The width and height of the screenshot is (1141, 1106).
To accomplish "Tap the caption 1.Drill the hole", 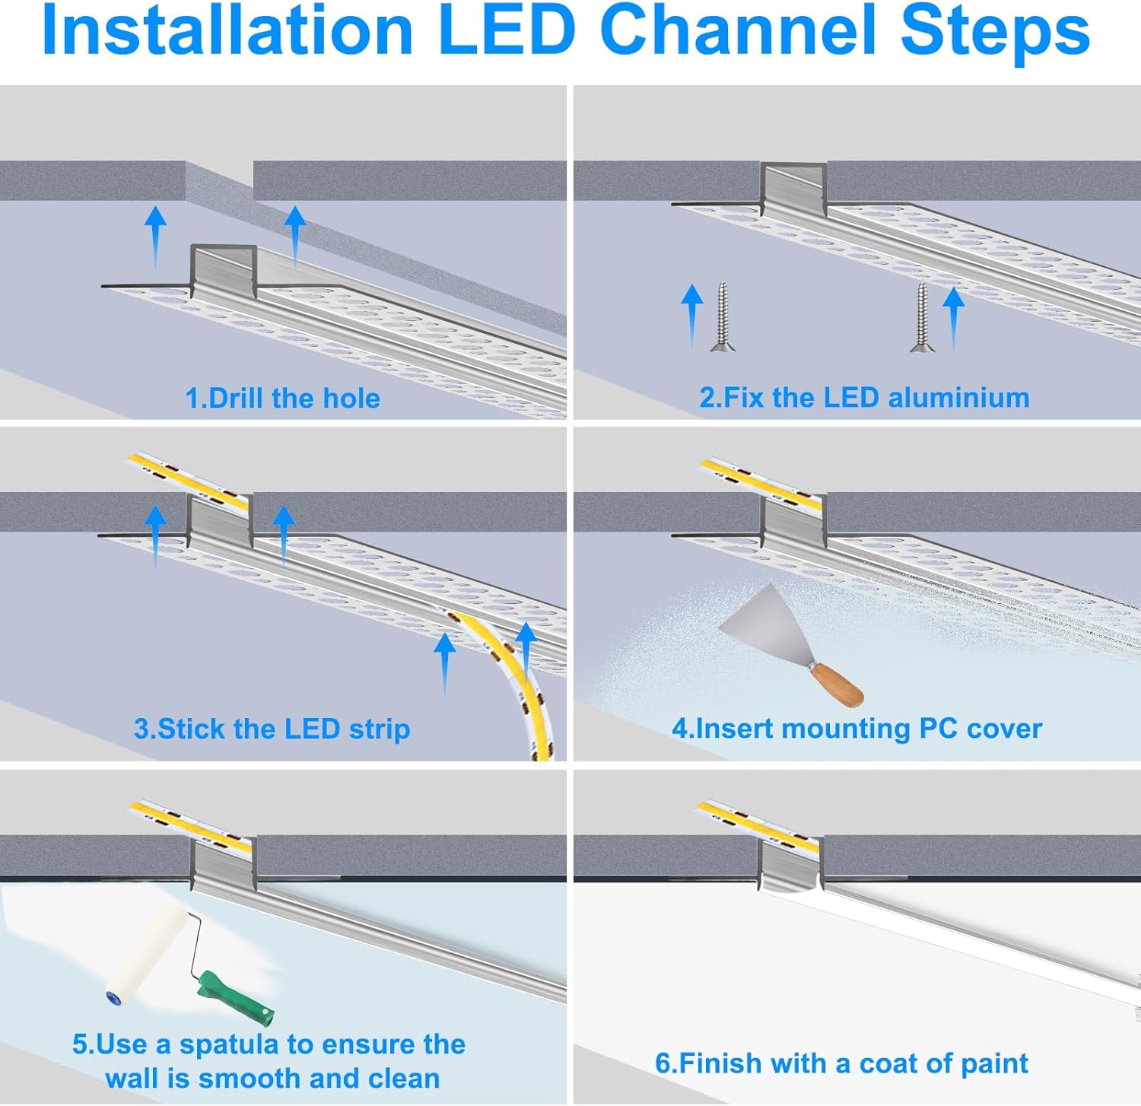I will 282,398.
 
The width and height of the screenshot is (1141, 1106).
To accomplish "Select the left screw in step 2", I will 722,316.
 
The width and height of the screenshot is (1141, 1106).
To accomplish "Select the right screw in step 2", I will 922,316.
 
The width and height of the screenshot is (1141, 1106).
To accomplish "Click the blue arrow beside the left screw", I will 691,312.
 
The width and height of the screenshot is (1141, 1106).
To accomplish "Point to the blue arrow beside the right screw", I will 953,316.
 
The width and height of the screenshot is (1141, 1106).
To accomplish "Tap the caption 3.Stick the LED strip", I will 272,729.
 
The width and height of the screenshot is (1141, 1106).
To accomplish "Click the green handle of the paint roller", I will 236,996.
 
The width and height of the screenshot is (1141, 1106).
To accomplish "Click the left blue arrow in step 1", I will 155,236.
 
